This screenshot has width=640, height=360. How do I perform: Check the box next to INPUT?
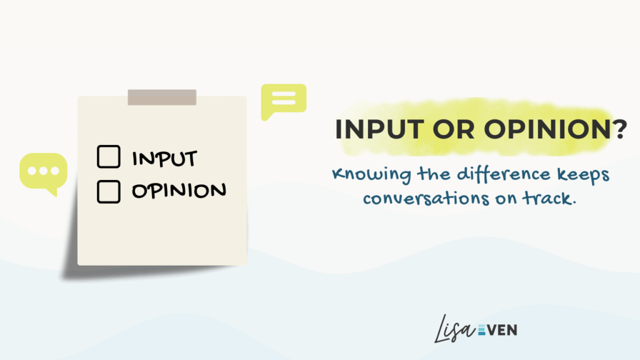[x=109, y=157]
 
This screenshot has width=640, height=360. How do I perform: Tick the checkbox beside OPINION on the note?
[x=109, y=191]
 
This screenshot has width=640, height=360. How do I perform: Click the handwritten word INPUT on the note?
[x=164, y=158]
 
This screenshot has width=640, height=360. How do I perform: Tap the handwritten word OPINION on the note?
[x=179, y=190]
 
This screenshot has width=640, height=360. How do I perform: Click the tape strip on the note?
[x=162, y=97]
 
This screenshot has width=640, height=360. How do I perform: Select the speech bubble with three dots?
[x=44, y=173]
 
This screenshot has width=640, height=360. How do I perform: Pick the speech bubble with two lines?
[x=283, y=101]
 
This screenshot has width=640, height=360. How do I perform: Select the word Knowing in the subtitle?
[x=371, y=175]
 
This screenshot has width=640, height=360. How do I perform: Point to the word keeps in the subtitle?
[x=584, y=175]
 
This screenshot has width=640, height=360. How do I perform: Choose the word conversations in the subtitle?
[x=426, y=199]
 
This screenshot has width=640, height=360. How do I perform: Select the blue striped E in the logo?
[x=482, y=330]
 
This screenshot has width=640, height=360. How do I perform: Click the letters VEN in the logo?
[x=502, y=330]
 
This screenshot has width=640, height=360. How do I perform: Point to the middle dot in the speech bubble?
[x=43, y=171]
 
